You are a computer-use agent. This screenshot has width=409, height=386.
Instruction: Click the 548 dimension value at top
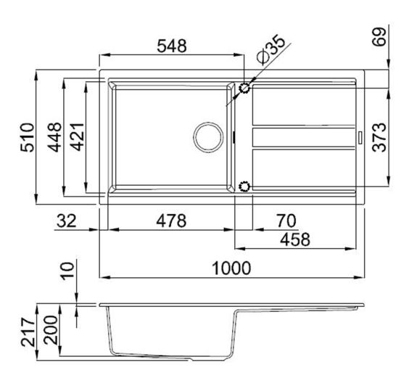172,45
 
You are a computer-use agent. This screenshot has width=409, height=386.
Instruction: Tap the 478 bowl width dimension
171,219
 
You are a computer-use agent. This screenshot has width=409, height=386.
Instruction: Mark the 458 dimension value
294,238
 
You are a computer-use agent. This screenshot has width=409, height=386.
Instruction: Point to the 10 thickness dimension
67,272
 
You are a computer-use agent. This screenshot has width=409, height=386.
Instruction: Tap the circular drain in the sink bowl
207,136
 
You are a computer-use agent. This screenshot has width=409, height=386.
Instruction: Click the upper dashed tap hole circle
244,89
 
